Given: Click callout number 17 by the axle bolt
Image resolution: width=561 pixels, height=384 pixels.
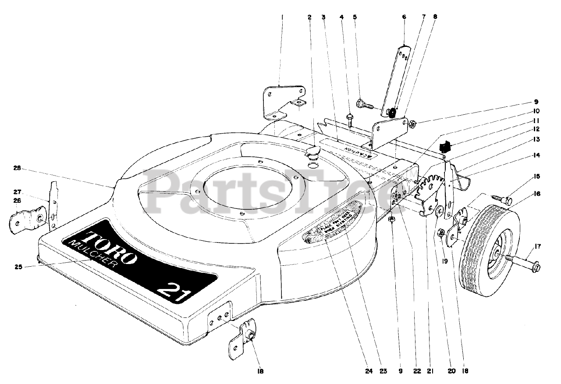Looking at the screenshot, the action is [538, 247].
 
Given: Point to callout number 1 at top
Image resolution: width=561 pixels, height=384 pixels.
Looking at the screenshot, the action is [283, 17].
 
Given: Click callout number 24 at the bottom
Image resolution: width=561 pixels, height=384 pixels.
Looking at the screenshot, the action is [369, 372].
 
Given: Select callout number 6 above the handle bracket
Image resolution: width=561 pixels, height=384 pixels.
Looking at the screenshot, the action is [404, 17].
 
